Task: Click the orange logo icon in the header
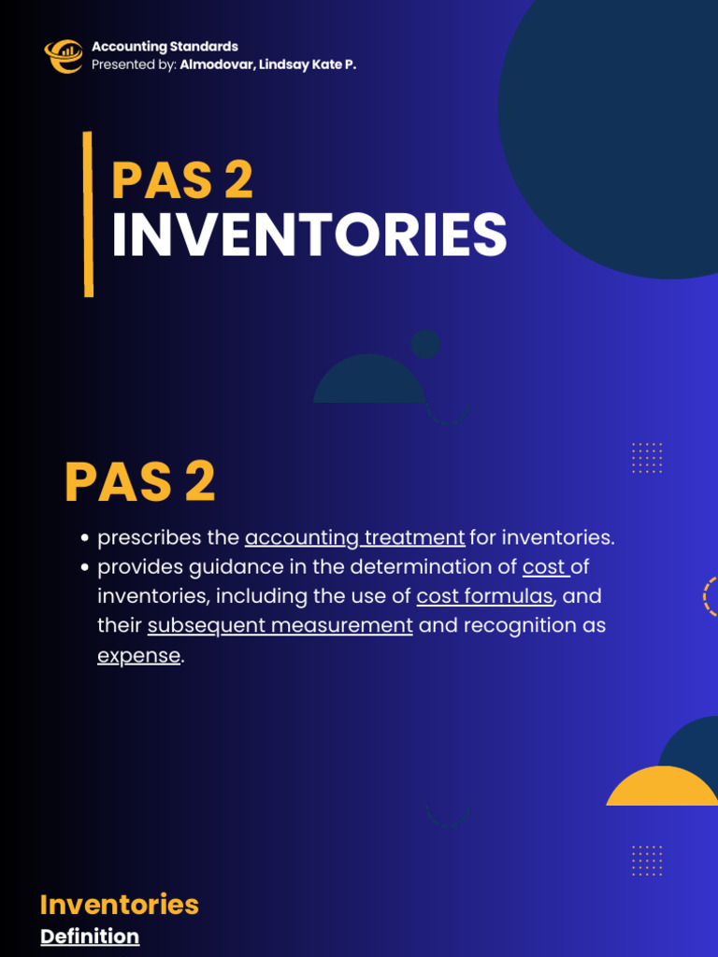(64, 56)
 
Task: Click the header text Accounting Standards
(165, 47)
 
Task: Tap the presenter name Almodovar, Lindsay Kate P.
(268, 64)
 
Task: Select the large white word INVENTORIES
(309, 236)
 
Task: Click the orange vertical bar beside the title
(88, 214)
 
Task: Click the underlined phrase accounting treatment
(354, 537)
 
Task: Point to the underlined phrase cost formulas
(485, 596)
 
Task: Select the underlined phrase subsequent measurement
(280, 625)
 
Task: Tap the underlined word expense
(138, 655)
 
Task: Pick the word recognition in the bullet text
(527, 625)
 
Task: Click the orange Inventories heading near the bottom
(120, 904)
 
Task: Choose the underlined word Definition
(90, 936)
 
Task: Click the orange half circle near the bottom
(663, 788)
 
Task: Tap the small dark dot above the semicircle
(425, 344)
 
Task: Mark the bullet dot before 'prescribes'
(85, 538)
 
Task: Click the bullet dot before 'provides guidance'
(85, 567)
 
